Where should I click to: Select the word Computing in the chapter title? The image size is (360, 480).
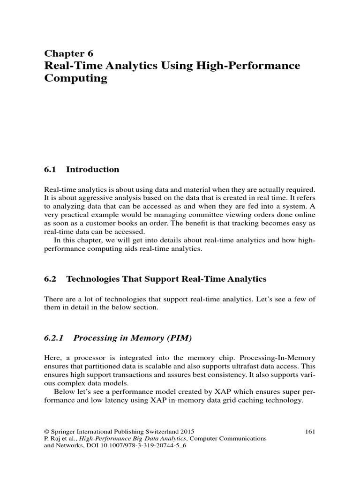click(75, 78)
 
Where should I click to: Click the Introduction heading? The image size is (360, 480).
click(93, 169)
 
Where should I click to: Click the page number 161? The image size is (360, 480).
click(310, 431)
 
